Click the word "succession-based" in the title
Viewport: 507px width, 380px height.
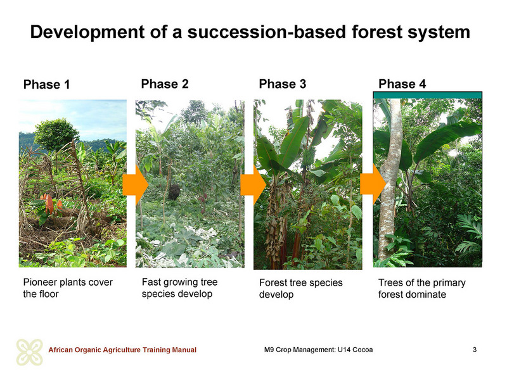click(x=267, y=32)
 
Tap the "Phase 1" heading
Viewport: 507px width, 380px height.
click(x=46, y=85)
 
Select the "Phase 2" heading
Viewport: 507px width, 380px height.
click(x=165, y=84)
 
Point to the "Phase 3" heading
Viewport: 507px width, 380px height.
click(x=283, y=84)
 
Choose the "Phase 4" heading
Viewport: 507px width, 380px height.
click(x=402, y=84)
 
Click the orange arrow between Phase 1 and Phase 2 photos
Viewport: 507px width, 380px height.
click(x=135, y=185)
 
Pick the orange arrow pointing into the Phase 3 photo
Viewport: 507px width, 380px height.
click(x=253, y=185)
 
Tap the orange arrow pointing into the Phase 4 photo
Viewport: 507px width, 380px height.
click(x=373, y=184)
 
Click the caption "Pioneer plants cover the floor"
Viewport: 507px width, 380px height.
click(x=68, y=288)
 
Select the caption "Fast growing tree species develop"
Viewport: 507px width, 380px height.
click(x=180, y=288)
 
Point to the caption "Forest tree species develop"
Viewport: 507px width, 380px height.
click(x=300, y=289)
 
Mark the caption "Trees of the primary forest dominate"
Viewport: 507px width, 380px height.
click(x=422, y=289)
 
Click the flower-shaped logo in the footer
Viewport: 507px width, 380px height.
click(x=29, y=352)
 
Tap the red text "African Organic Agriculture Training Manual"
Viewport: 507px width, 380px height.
click(x=122, y=350)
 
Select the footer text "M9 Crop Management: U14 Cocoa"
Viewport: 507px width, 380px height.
click(x=319, y=350)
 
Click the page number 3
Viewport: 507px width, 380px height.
click(x=475, y=350)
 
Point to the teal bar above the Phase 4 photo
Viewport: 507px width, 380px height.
click(x=427, y=96)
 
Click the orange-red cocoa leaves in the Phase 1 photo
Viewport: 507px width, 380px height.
click(x=51, y=204)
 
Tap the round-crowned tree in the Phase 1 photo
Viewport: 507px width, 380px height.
click(x=56, y=135)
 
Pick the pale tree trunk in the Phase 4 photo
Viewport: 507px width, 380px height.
click(x=390, y=181)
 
